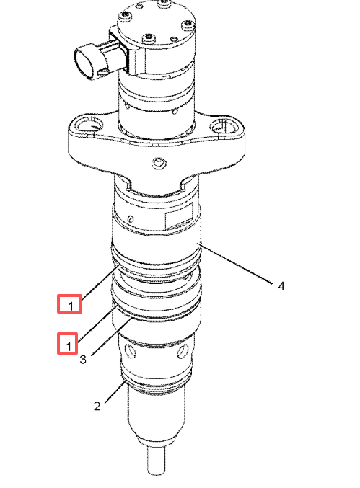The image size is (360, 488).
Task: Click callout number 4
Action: [281, 285]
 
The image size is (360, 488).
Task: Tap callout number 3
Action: [82, 359]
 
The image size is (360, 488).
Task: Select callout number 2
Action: [97, 406]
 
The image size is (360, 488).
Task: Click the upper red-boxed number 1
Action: [71, 306]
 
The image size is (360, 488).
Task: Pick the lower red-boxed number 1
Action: [69, 346]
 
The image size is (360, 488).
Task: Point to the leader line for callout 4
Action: [237, 264]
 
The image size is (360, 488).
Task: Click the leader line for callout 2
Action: [115, 391]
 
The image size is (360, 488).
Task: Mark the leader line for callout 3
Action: [113, 337]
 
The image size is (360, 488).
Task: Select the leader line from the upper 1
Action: [100, 280]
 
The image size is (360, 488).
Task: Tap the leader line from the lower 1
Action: [98, 323]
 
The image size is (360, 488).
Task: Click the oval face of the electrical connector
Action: [85, 61]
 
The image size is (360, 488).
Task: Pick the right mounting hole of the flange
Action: [223, 126]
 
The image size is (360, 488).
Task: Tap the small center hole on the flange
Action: [159, 163]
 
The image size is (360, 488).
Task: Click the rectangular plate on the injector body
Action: [179, 216]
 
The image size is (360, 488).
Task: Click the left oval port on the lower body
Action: [131, 350]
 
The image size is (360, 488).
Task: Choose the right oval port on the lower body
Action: [183, 352]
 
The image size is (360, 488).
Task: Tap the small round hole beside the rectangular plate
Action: [131, 219]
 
